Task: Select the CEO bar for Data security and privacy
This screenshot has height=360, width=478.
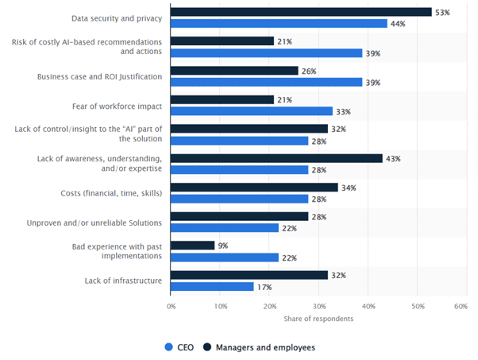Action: [279, 24]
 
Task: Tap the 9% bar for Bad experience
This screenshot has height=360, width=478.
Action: [193, 246]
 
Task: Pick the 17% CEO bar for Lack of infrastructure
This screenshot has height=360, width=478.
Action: [213, 286]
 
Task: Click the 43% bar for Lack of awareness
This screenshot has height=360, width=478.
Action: [277, 158]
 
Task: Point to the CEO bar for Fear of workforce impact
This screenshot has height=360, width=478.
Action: [252, 111]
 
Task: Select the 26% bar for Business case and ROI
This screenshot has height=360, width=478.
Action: [235, 71]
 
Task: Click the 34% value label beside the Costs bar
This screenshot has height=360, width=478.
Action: [349, 188]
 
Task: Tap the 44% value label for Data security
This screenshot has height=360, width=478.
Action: [398, 24]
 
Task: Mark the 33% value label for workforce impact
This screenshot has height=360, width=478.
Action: [344, 111]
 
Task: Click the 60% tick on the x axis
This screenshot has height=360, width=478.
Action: [461, 305]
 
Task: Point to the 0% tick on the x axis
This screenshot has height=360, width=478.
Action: [172, 305]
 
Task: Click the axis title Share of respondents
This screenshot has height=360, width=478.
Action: [318, 319]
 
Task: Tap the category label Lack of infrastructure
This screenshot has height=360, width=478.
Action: [122, 280]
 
